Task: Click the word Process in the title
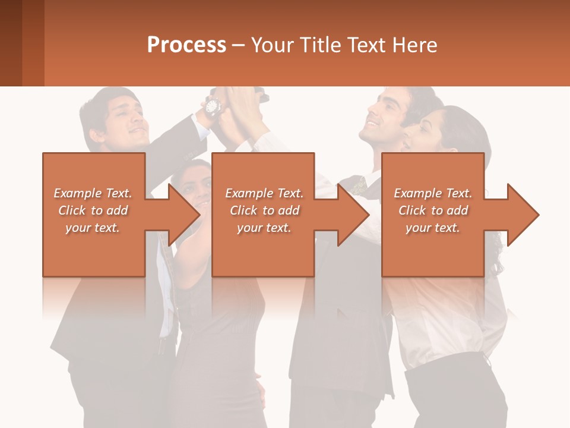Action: coord(186,45)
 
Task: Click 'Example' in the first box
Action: coord(78,193)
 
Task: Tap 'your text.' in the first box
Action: coord(93,228)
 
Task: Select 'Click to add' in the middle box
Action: coord(264,210)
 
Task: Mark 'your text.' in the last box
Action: coord(433,228)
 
